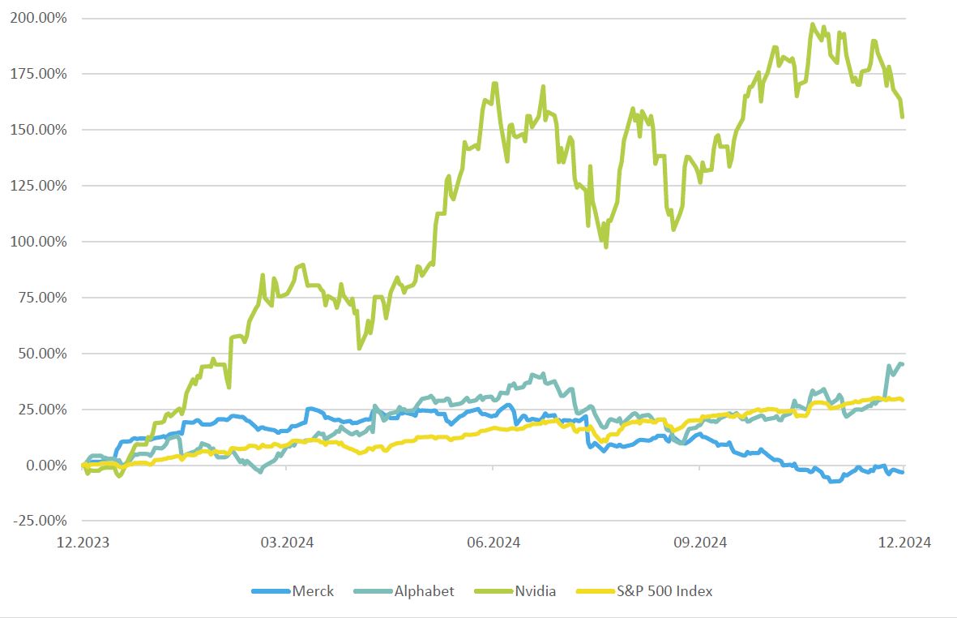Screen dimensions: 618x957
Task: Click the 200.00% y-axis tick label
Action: (x=39, y=18)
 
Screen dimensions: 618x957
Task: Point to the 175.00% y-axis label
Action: (x=39, y=74)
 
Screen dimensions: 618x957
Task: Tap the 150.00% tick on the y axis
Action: (x=39, y=130)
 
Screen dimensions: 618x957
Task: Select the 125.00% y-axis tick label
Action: (x=39, y=186)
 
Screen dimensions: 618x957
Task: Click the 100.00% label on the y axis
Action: (x=39, y=242)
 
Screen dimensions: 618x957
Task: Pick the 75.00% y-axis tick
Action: (x=42, y=298)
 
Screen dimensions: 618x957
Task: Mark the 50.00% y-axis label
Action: (x=42, y=354)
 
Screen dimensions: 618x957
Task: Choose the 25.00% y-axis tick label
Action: (x=42, y=410)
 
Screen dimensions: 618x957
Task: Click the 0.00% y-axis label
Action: (x=45, y=466)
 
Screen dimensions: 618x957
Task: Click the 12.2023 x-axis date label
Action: (x=82, y=543)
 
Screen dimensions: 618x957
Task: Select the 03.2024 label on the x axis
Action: (x=286, y=543)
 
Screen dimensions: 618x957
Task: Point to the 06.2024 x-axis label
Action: (x=493, y=543)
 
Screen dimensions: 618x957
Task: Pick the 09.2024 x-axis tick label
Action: (x=699, y=543)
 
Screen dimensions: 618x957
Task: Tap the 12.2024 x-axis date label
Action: (x=904, y=543)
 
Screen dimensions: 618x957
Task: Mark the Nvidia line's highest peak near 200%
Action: (x=813, y=24)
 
